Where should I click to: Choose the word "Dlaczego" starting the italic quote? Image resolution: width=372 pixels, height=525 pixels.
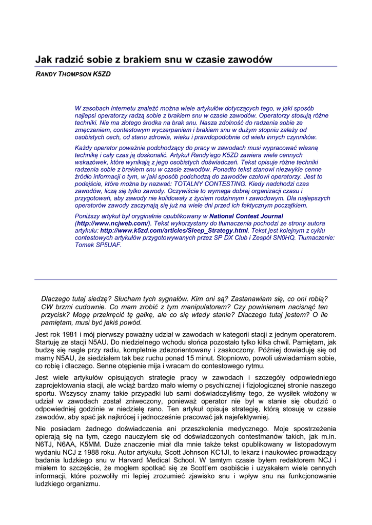[x=56, y=298]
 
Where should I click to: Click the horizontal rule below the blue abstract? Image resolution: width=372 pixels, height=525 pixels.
[x=186, y=279]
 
